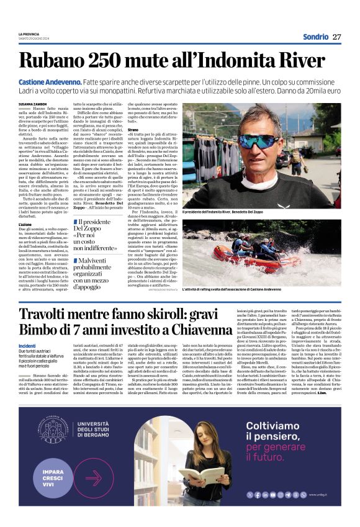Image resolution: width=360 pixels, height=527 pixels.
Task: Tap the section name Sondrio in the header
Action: [x=315, y=37]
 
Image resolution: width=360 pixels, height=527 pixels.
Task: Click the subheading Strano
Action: [x=134, y=130]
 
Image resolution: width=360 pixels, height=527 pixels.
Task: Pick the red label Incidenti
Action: [x=27, y=345]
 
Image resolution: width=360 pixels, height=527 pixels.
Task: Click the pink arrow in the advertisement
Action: [x=93, y=477]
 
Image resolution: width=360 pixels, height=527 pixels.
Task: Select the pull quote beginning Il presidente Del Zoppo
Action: [x=93, y=233]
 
